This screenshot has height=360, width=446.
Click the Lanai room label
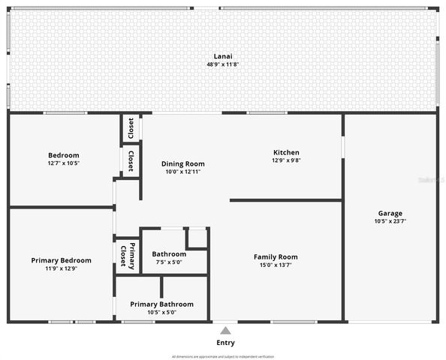[x=222, y=56]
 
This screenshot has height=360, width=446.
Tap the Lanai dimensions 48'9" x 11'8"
[x=222, y=64]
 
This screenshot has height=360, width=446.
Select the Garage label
[x=390, y=213]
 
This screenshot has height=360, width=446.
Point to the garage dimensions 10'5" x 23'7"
[x=390, y=221]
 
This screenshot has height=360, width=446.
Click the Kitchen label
[x=285, y=152]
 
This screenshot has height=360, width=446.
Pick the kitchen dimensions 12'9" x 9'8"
[x=285, y=160]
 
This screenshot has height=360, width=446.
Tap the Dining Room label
[x=183, y=163]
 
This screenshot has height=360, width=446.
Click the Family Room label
[x=276, y=256]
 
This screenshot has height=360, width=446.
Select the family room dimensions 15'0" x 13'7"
[x=276, y=265]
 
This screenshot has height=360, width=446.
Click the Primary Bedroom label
[x=61, y=260]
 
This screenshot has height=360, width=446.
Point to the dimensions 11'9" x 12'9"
[x=61, y=268]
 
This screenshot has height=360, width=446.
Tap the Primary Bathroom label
[x=161, y=304]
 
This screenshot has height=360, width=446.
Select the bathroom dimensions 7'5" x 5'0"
[x=169, y=262]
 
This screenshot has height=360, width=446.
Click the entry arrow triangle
[x=225, y=330]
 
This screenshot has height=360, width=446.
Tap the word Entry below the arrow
[x=225, y=343]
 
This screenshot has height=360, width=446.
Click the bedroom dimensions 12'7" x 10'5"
[x=63, y=163]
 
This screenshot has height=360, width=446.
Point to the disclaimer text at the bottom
[x=223, y=356]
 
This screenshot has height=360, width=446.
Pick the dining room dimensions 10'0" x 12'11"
[x=183, y=172]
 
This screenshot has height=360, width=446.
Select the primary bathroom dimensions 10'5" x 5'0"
[x=161, y=312]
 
